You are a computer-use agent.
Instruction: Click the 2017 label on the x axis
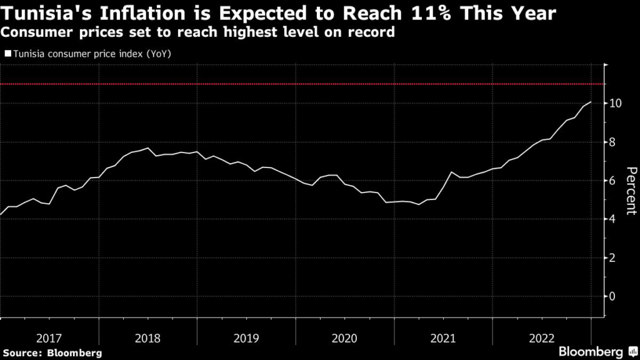click(x=49, y=338)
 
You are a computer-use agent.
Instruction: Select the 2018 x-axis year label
click(x=147, y=338)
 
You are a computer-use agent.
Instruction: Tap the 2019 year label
click(x=246, y=338)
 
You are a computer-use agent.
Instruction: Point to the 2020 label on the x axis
click(x=345, y=338)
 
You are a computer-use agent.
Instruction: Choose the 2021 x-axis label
click(x=444, y=338)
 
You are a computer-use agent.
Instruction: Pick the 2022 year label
click(x=542, y=338)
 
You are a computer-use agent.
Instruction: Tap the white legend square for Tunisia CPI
click(x=7, y=54)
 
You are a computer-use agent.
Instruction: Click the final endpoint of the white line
click(x=591, y=102)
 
